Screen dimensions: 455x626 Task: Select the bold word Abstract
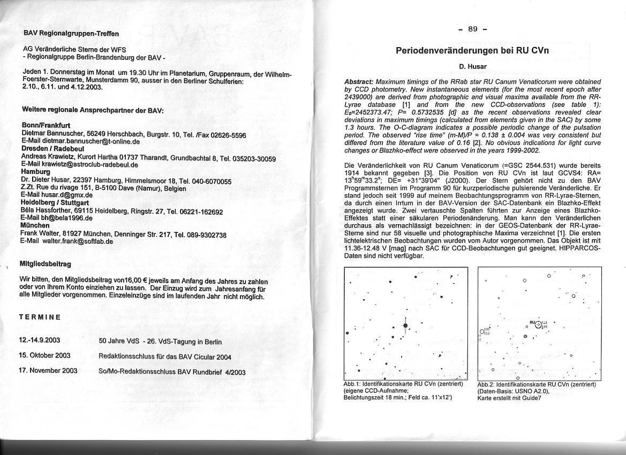point(359,81)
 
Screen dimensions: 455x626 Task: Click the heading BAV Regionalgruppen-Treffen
point(71,33)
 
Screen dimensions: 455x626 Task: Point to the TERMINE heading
point(40,317)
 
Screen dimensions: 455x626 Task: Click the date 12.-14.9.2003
point(40,340)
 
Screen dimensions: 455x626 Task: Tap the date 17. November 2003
point(48,370)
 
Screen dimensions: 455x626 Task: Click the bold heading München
point(35,226)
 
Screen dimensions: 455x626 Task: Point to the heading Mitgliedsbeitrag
point(45,264)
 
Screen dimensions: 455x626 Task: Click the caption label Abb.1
point(352,384)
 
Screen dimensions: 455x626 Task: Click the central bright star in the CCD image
point(405,325)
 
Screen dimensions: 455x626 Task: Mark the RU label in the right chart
point(532,322)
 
